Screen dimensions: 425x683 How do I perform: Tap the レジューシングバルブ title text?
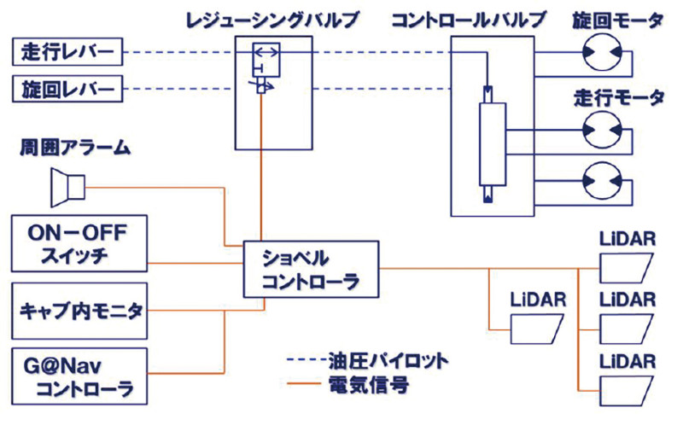pos(271,19)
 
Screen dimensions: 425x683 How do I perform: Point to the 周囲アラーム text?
pos(74,149)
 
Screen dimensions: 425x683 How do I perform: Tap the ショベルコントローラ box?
pos(310,269)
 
